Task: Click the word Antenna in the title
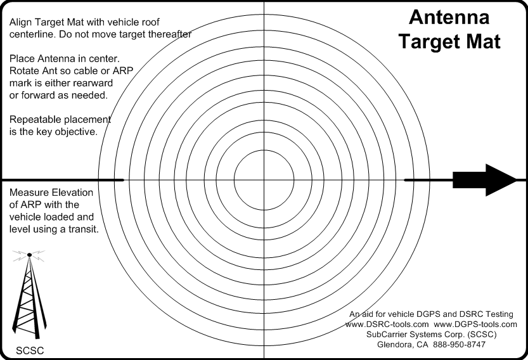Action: tap(449, 17)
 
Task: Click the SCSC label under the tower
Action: tap(30, 350)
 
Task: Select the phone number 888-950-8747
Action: tap(460, 345)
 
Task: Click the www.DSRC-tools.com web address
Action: tap(387, 325)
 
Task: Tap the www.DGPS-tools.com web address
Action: tap(475, 325)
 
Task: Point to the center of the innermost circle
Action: tap(264, 180)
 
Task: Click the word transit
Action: tap(84, 229)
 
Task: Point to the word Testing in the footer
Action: tap(499, 314)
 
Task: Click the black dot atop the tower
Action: tap(29, 255)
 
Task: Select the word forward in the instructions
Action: tap(36, 96)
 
